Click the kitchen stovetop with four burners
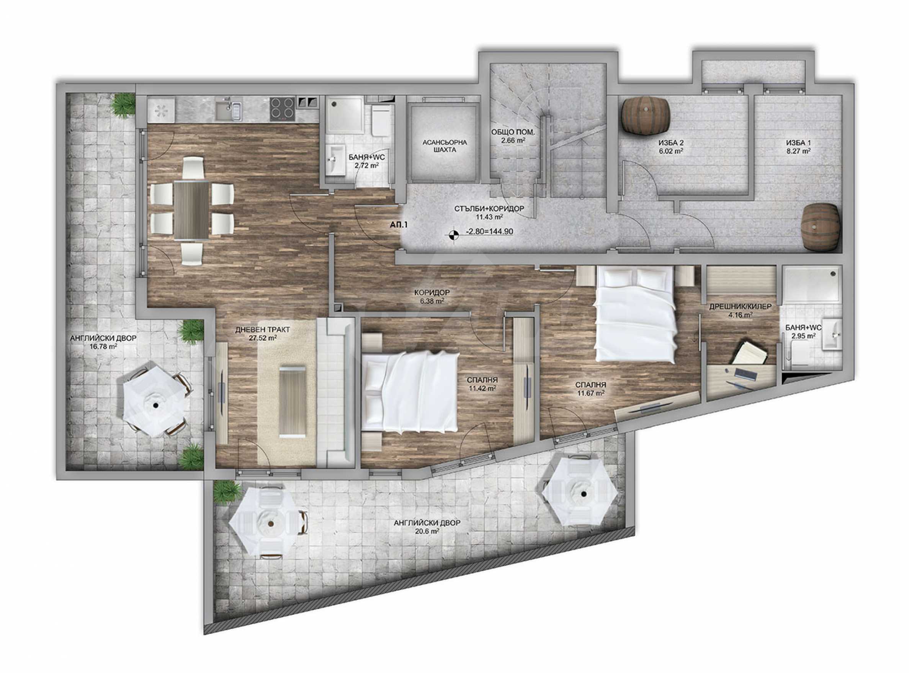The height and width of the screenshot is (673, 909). (282, 109)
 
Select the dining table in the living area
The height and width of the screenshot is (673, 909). (191, 209)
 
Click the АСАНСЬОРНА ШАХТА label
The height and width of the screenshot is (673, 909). (445, 146)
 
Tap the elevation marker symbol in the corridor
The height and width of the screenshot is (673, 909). (453, 234)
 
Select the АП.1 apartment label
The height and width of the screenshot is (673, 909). (399, 224)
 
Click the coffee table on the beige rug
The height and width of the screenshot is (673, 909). (292, 401)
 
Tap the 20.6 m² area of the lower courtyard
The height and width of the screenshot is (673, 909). (427, 532)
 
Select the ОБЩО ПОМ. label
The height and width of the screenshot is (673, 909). (513, 132)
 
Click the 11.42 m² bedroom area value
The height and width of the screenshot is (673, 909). (482, 388)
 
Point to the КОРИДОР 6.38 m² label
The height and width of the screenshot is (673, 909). (432, 297)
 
